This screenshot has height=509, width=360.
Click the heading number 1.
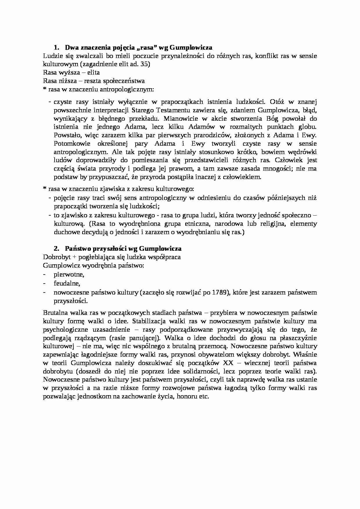point(56,47)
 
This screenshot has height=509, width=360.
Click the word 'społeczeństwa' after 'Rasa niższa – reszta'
point(126,81)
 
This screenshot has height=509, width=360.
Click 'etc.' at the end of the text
point(204,396)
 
